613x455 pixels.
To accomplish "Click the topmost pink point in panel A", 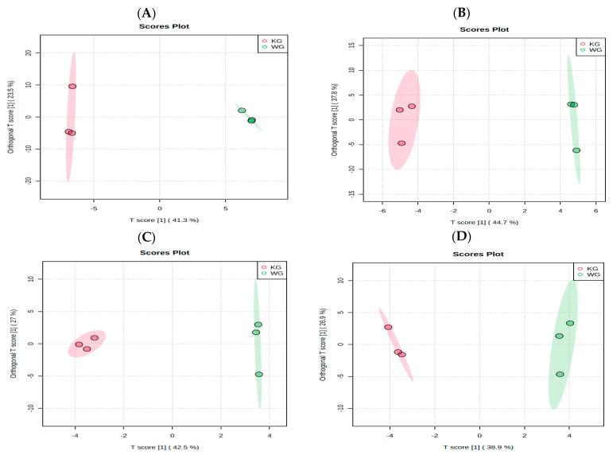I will click(x=72, y=86).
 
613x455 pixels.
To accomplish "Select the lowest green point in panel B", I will click(x=576, y=150).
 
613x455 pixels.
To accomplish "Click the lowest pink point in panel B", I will click(x=402, y=143).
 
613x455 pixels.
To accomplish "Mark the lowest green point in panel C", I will click(x=258, y=374).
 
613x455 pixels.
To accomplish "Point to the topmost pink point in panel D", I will click(x=388, y=327).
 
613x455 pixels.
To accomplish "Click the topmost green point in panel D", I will click(x=570, y=323).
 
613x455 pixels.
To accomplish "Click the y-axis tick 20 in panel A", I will click(x=27, y=53).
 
